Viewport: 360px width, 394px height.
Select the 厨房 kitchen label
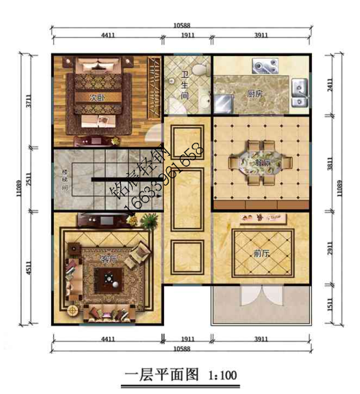(254, 94)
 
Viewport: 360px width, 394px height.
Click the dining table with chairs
(254, 161)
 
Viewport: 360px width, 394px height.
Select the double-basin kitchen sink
(299, 89)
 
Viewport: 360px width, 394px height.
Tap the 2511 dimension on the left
(30, 177)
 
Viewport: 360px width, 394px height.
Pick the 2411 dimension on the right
(329, 84)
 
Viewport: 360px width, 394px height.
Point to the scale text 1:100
(222, 376)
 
